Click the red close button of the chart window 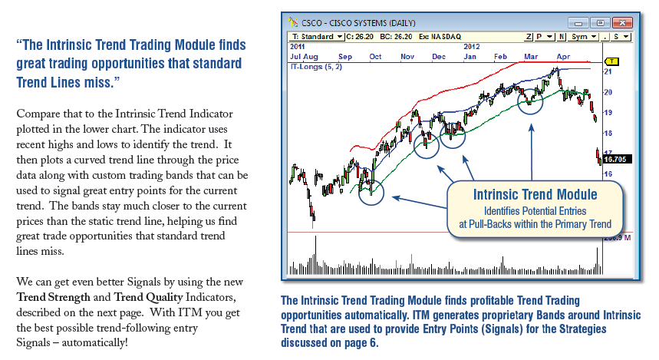(622, 23)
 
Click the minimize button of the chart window (578, 23)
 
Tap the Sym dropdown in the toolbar (584, 37)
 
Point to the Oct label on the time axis (375, 56)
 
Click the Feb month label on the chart (500, 56)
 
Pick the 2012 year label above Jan (472, 47)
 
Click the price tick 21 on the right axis (608, 71)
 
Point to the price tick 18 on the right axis (608, 134)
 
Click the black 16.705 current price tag (617, 160)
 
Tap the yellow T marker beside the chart (612, 61)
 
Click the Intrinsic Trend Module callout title (535, 195)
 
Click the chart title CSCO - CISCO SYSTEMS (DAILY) (358, 23)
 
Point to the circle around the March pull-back (530, 89)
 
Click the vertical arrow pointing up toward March (531, 152)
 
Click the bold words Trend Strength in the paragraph (54, 297)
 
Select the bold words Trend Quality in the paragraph (148, 297)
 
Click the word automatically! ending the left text (94, 343)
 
